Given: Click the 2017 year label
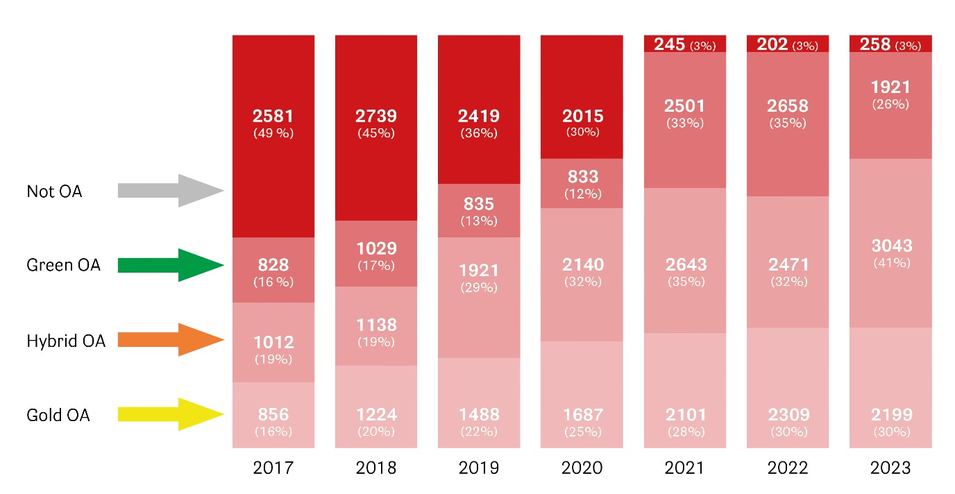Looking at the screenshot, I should [x=273, y=468].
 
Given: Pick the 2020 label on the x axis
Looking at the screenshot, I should [x=582, y=468].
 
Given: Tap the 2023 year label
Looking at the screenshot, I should [x=890, y=468].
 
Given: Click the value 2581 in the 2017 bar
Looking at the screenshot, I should [x=273, y=116].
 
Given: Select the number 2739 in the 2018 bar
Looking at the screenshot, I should [x=376, y=116].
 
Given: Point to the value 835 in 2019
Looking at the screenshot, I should [x=479, y=205].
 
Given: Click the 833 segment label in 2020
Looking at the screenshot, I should [x=582, y=177].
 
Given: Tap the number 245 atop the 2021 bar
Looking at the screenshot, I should [x=669, y=44].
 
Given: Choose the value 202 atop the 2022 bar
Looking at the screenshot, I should [x=772, y=44].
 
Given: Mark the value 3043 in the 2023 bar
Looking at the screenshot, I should [x=890, y=246].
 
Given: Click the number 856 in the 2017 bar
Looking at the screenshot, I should [x=273, y=415].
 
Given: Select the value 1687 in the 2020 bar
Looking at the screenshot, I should [x=582, y=415].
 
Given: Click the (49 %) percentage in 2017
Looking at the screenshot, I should [x=273, y=133].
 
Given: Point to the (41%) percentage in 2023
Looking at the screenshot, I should [x=890, y=263].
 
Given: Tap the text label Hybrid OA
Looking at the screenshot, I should [x=66, y=341].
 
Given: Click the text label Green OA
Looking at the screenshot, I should [x=63, y=265].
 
